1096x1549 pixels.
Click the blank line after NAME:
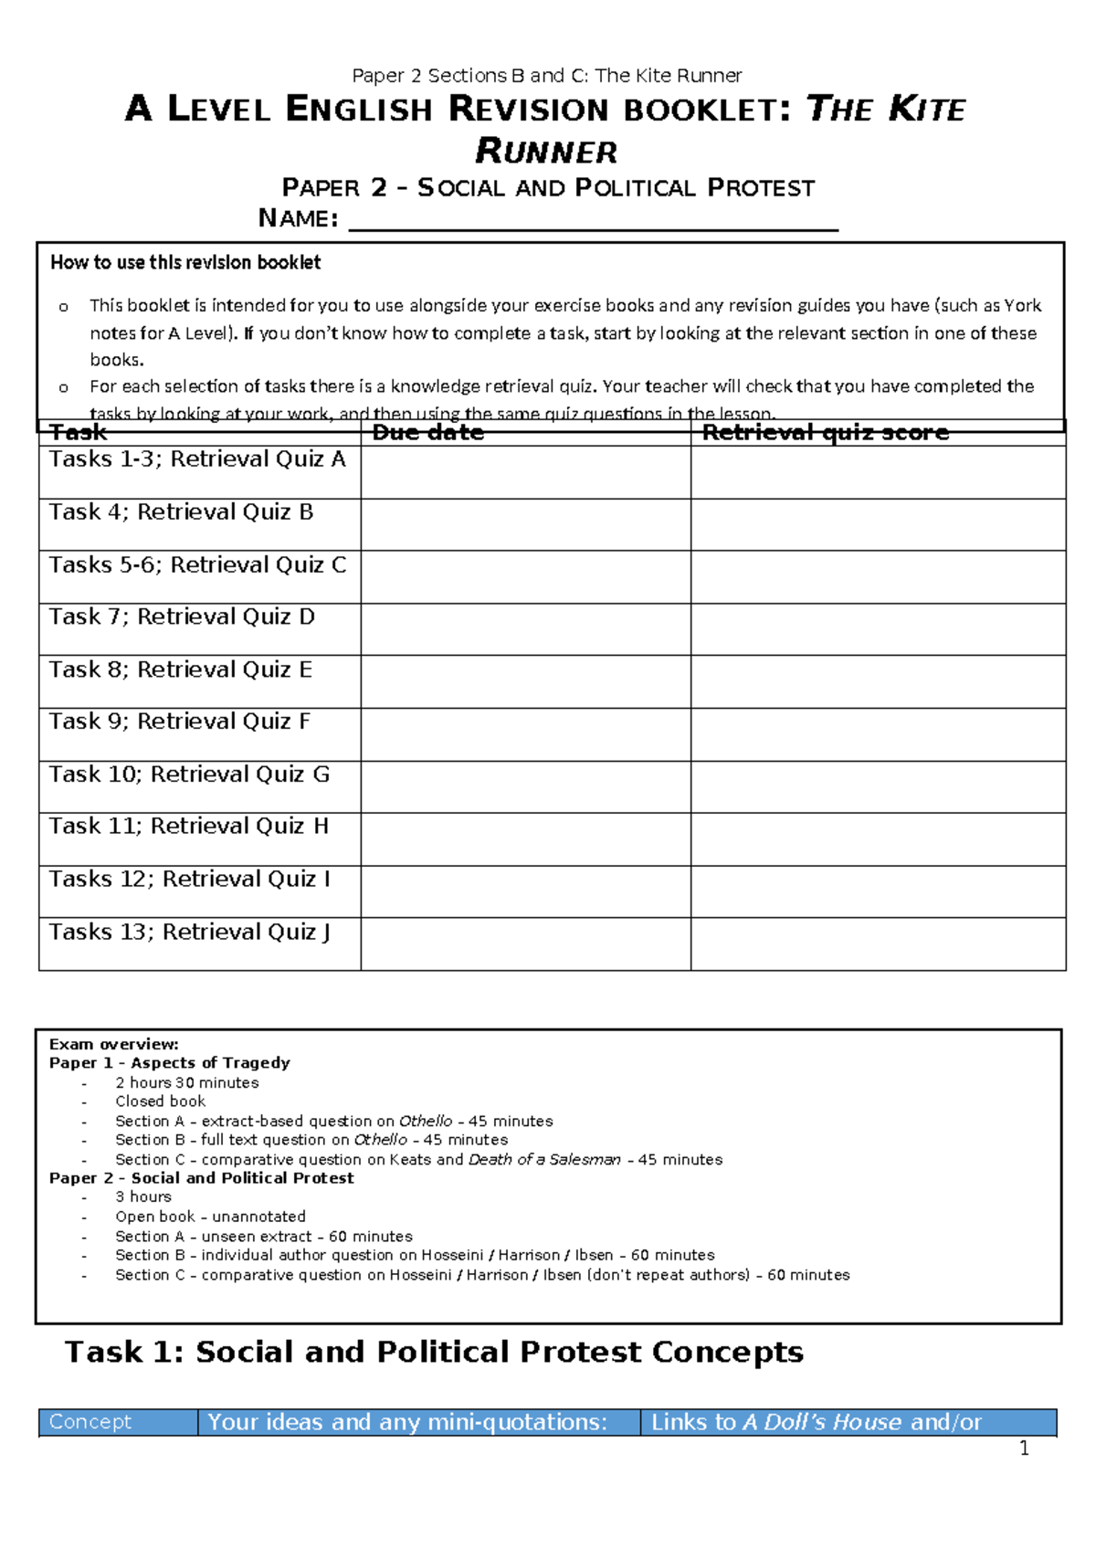coord(594,221)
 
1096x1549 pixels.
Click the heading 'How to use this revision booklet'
coord(185,263)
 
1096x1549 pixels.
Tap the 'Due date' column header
coord(427,433)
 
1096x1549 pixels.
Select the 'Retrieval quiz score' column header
coord(825,433)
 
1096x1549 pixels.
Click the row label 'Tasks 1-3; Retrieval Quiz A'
coord(197,459)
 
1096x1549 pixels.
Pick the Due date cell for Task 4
coord(525,524)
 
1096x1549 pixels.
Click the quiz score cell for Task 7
coord(878,629)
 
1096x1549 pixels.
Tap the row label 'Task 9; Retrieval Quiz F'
coord(180,722)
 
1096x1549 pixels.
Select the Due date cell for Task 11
coord(525,839)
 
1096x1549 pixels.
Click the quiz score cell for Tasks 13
coord(878,944)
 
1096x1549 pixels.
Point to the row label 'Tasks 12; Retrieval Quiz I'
coord(190,880)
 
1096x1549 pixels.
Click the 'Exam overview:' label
coord(114,1044)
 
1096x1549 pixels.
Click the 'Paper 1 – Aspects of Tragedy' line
coord(170,1063)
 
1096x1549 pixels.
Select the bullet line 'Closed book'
coord(160,1101)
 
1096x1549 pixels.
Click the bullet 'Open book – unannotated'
coord(210,1217)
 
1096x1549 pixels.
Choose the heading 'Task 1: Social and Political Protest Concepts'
coord(434,1353)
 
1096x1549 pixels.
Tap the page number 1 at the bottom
coord(1024,1449)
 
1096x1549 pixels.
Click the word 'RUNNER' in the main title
coord(546,152)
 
